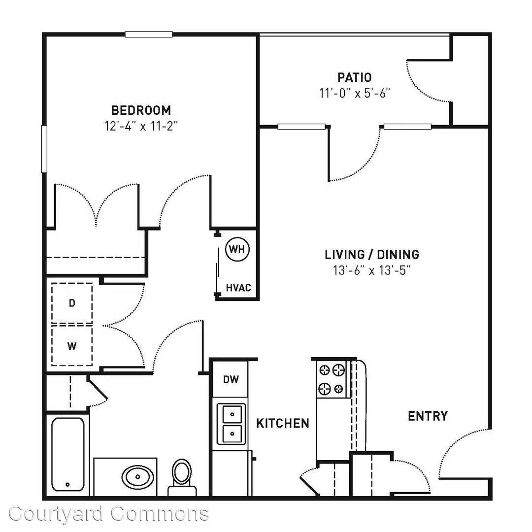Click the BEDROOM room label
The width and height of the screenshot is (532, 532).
(x=141, y=110)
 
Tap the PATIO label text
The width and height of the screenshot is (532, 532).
(x=355, y=77)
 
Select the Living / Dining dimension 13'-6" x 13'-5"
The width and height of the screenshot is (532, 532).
(x=372, y=270)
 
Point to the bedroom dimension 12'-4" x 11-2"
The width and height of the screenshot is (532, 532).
(x=141, y=126)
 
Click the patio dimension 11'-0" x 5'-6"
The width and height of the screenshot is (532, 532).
(x=355, y=93)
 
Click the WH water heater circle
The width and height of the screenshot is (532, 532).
(x=237, y=249)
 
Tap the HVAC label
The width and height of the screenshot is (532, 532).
(x=238, y=288)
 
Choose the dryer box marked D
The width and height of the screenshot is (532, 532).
(x=72, y=303)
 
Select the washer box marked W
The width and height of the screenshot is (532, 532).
(x=72, y=346)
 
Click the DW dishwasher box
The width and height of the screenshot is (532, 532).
(x=231, y=379)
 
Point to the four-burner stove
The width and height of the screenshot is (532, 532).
(x=332, y=379)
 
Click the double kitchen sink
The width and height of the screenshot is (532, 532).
(x=232, y=424)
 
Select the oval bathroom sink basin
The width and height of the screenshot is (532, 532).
(x=137, y=477)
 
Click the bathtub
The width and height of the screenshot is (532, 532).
(x=68, y=454)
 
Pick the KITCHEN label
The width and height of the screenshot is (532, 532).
(x=283, y=423)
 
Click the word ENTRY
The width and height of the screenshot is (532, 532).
(x=428, y=416)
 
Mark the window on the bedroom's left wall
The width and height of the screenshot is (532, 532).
(x=44, y=149)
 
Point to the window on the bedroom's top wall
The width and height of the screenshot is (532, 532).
(x=149, y=34)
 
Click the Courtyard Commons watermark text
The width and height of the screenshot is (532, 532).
(x=108, y=514)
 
